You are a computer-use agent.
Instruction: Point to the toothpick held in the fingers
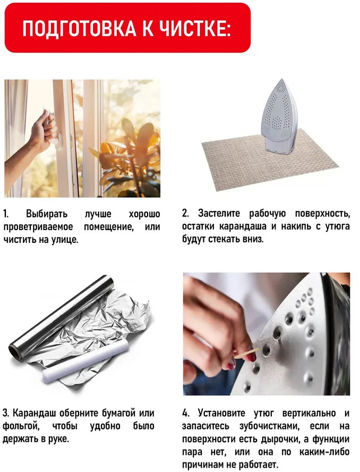(246, 353)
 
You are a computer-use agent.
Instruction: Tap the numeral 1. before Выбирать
(6, 214)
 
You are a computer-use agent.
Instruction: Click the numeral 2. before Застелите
(185, 214)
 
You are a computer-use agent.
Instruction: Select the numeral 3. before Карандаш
(6, 412)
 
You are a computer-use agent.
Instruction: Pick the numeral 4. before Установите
(186, 412)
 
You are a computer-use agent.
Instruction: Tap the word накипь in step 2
(296, 226)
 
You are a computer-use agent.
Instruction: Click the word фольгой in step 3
(21, 426)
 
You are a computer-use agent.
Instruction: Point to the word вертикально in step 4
(309, 414)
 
